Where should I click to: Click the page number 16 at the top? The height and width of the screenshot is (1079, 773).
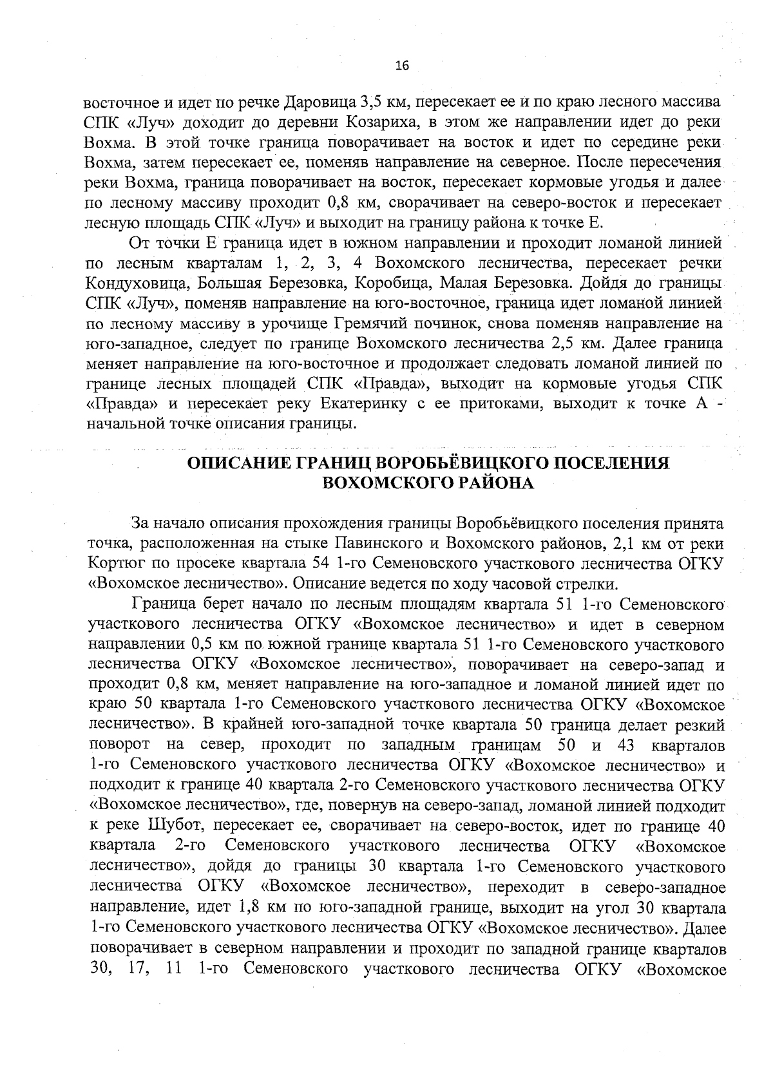(x=402, y=65)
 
